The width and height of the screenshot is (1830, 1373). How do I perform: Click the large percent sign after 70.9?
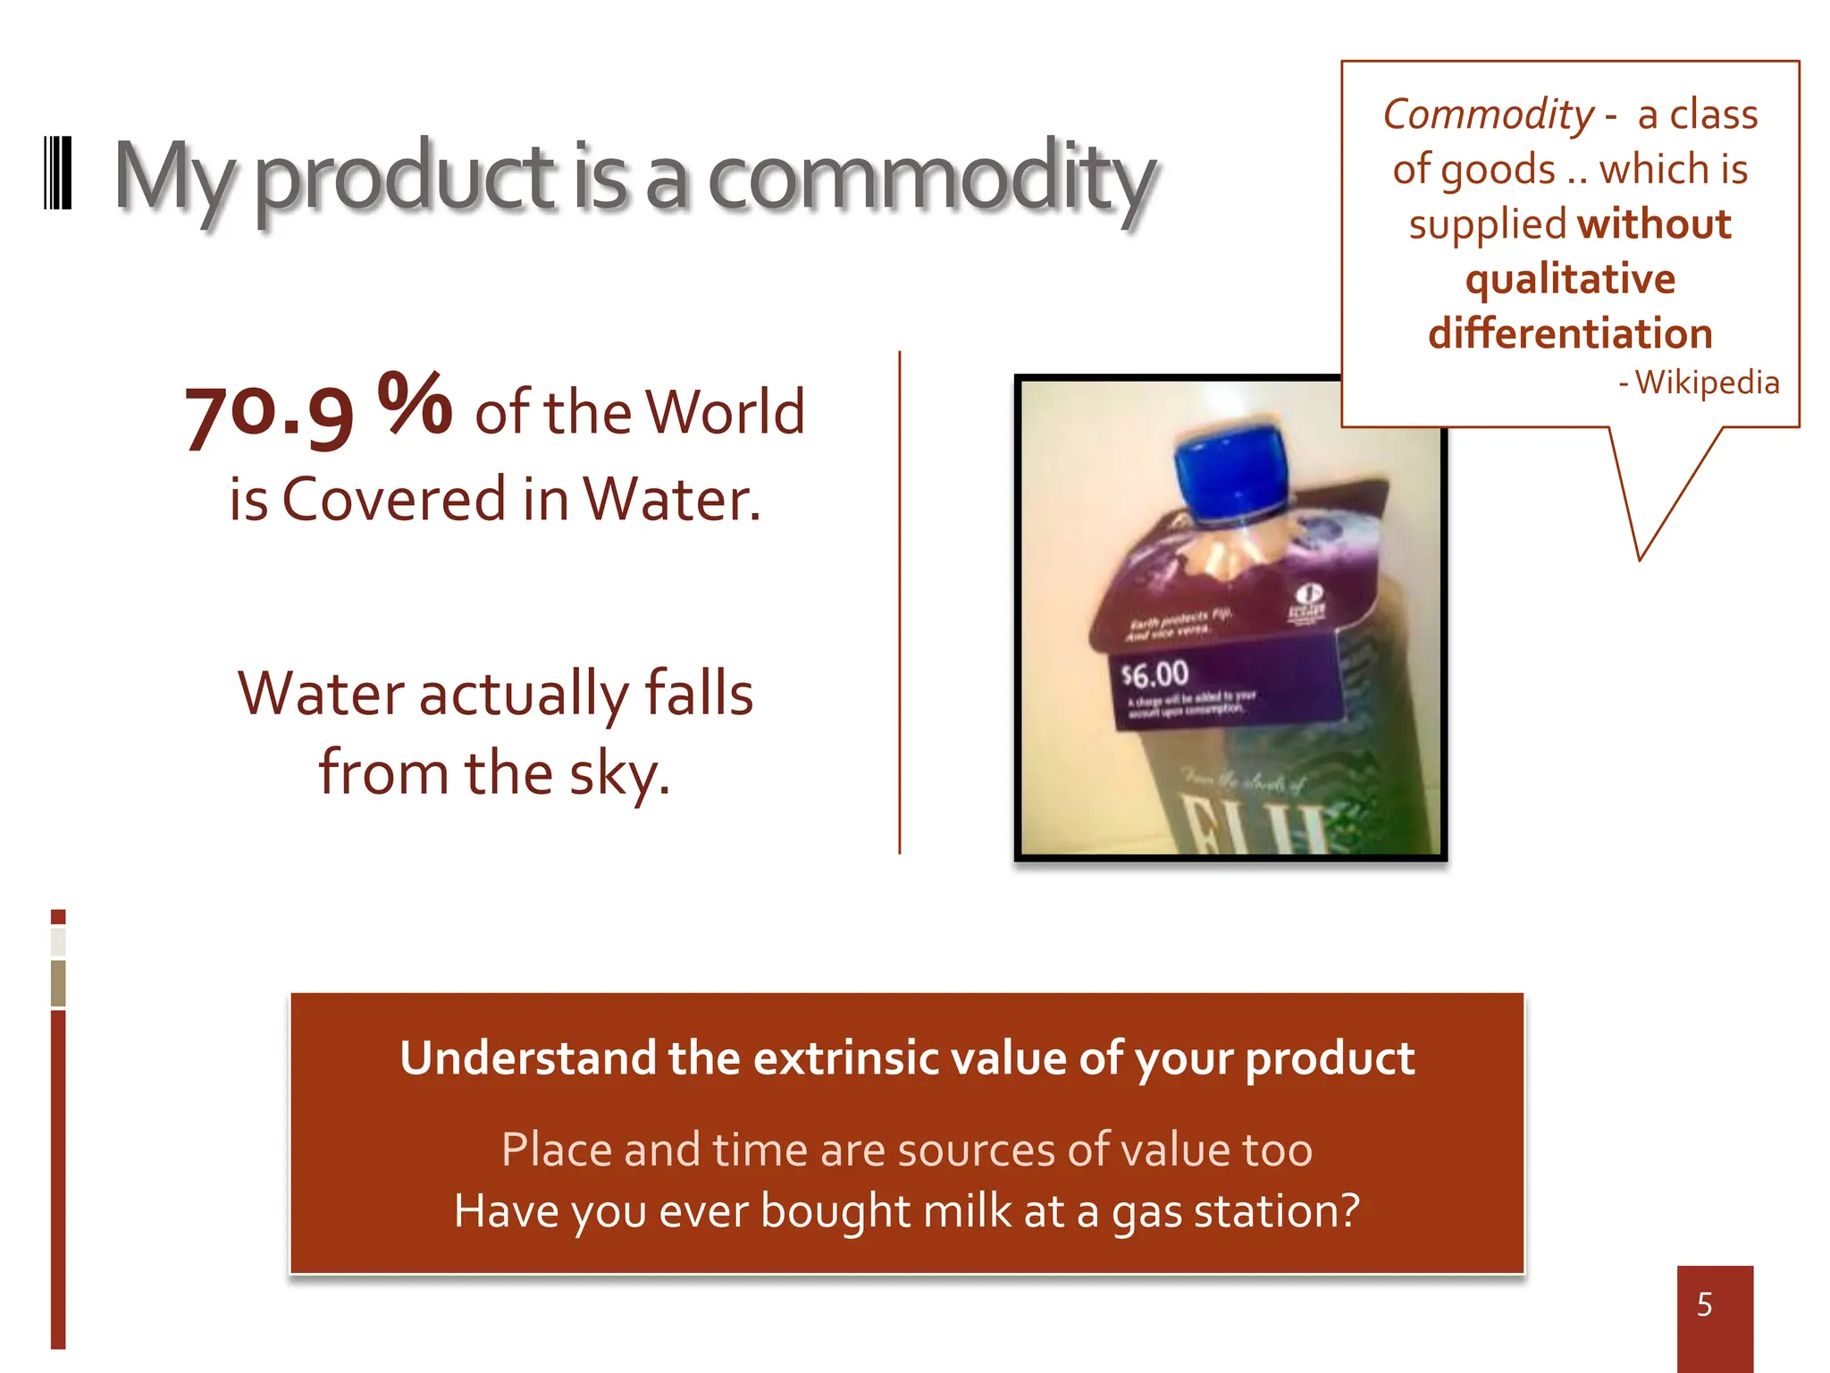tap(415, 403)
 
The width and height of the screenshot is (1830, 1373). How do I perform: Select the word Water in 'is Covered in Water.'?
tap(671, 499)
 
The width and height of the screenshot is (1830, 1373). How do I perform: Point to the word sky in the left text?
tap(618, 774)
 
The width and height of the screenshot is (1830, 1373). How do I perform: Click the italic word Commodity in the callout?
tap(1488, 114)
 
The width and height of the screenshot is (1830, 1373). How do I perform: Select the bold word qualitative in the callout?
tap(1570, 279)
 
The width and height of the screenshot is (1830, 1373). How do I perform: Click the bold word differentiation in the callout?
tap(1570, 333)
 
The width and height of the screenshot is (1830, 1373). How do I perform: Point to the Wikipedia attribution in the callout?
tap(1706, 383)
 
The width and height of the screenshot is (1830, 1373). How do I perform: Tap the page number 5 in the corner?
tap(1705, 1305)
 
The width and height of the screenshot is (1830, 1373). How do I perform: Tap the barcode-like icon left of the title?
tap(58, 173)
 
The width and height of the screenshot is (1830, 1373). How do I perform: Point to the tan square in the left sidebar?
tap(58, 982)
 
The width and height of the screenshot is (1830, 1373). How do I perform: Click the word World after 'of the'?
tap(725, 412)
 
